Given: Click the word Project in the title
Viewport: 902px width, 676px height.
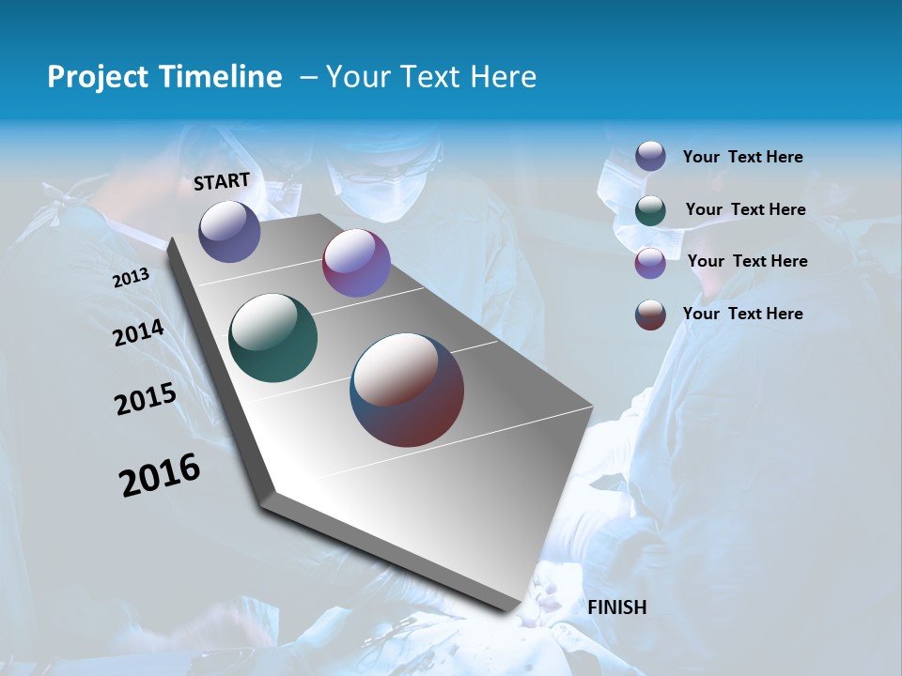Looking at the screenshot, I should coord(94,77).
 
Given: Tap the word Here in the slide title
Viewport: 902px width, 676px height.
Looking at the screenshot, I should coord(504,77).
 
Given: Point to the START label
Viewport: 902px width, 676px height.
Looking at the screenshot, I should coord(222,181).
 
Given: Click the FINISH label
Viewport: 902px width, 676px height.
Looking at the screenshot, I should coord(617,607).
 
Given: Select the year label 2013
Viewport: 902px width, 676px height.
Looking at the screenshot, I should coord(132,278).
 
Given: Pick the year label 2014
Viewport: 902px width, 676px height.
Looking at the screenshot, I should coord(139,333).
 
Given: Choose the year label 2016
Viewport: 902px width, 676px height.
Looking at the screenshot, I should coord(160,475).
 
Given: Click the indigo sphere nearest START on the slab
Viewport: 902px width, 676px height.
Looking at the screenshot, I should coord(229,231).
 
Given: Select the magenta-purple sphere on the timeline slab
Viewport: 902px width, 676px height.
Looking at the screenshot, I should coord(356,263).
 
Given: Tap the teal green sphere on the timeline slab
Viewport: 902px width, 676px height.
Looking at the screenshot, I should coord(273,338).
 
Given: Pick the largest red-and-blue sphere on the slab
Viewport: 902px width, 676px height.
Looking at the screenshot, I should coord(407,390).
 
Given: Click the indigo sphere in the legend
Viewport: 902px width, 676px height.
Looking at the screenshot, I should coord(650,156).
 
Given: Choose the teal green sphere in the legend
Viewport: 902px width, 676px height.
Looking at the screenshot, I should coord(650,210).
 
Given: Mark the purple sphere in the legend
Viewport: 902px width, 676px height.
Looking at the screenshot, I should coord(650,263).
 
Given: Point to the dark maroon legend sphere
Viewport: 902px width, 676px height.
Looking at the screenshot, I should coord(650,315).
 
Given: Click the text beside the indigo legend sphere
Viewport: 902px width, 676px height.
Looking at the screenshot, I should coord(743,158).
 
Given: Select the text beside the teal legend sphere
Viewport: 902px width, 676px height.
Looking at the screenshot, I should coord(746,209).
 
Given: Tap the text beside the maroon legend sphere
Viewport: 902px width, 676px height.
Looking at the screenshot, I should coord(743,314).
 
